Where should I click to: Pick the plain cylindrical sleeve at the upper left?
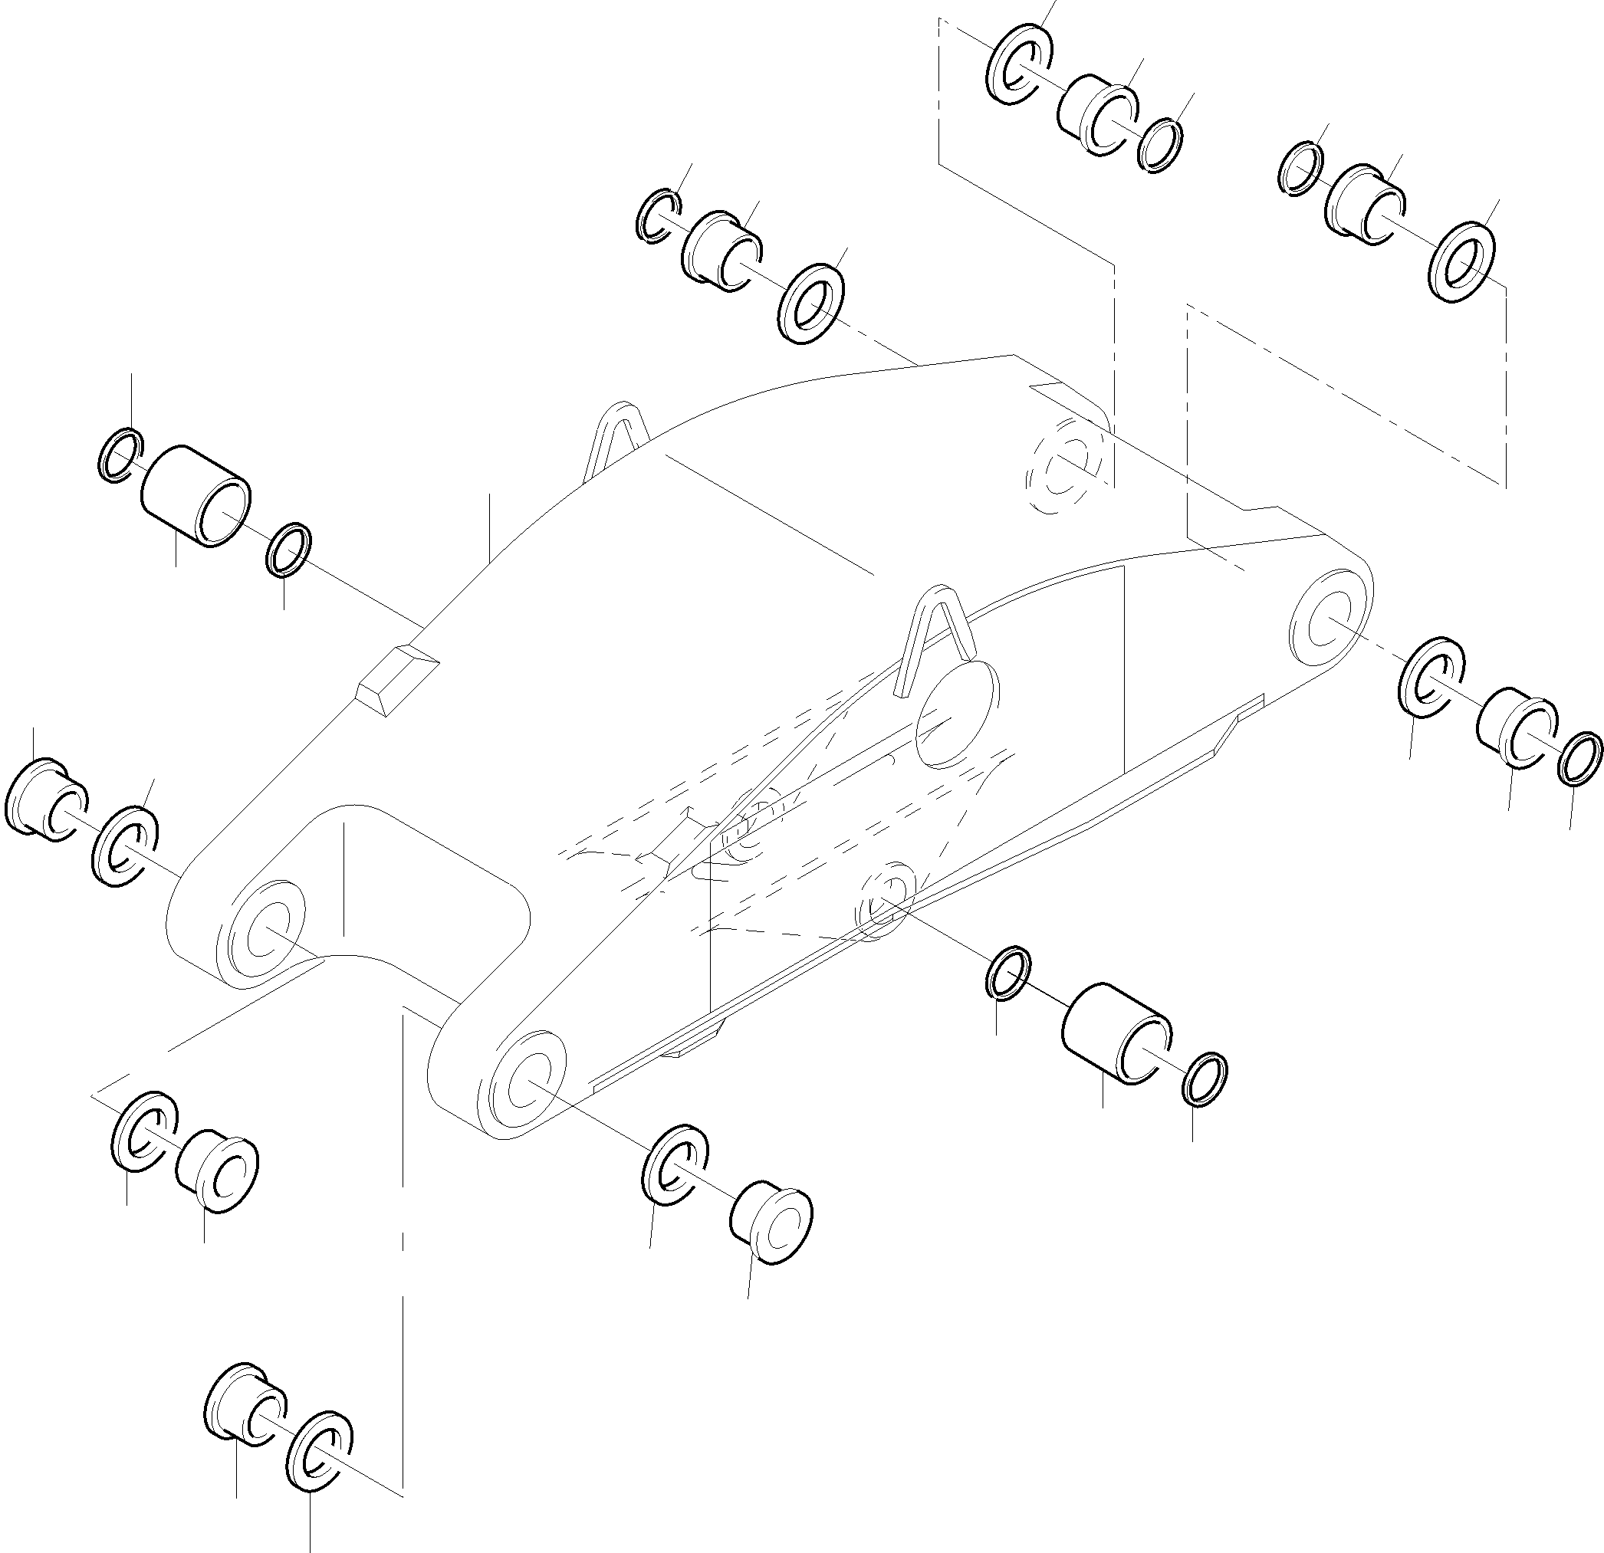[x=197, y=497]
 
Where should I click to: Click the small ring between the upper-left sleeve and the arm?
[x=289, y=549]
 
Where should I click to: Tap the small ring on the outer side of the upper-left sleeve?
[x=120, y=455]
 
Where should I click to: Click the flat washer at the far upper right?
[x=1462, y=262]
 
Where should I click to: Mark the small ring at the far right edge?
[x=1579, y=759]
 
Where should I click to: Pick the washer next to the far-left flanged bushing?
[x=125, y=846]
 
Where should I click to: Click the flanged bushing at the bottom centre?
[x=769, y=1223]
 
